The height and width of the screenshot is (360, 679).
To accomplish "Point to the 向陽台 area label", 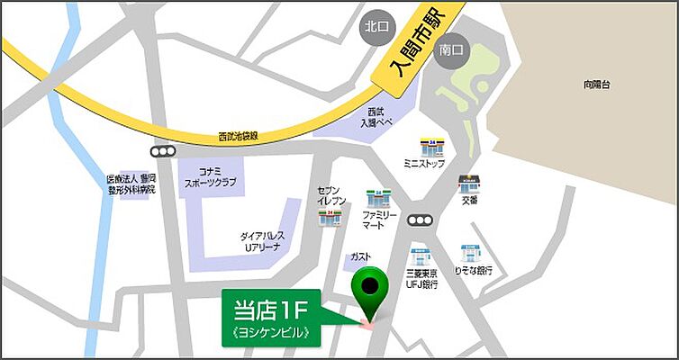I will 596,85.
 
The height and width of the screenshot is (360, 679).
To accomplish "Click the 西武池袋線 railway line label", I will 238,137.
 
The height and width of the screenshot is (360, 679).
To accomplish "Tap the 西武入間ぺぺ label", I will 377,118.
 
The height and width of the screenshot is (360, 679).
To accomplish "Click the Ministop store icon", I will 432,148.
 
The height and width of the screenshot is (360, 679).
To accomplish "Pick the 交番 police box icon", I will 468,184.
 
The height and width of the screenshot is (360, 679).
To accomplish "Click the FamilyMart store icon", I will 378,198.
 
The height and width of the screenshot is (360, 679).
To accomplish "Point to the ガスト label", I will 360,257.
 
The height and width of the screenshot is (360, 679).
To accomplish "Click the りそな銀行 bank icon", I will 470,253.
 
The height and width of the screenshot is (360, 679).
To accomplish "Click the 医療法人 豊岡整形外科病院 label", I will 131,184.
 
